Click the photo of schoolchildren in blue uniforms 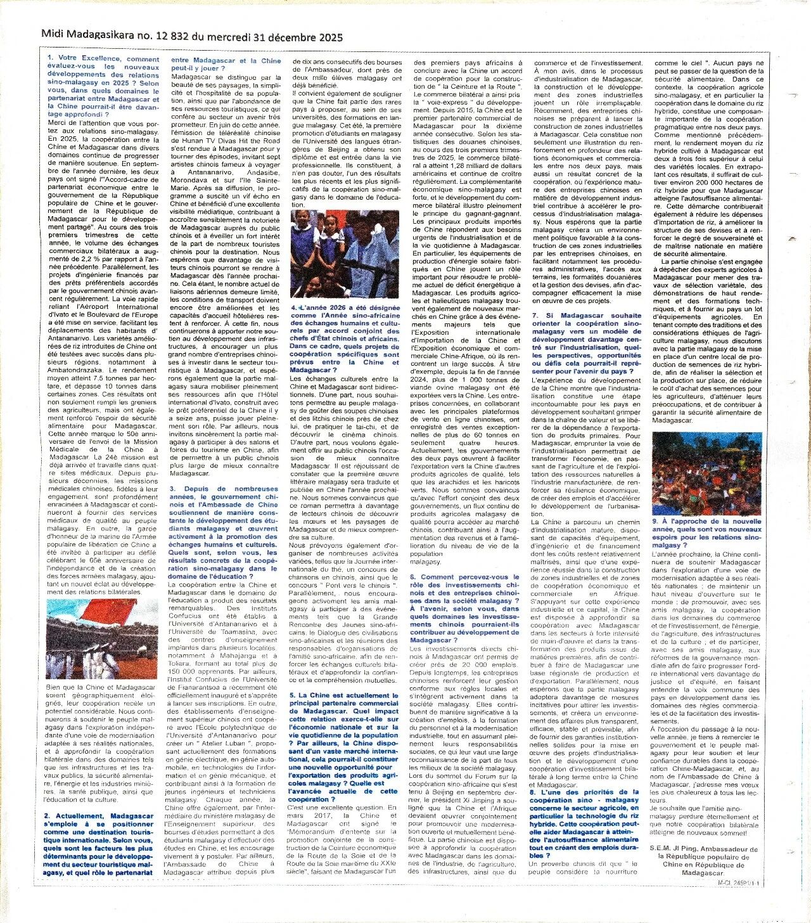click(x=345, y=254)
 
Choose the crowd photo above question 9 click(x=706, y=474)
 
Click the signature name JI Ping click(x=701, y=849)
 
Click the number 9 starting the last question click(x=654, y=521)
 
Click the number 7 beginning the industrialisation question click(x=534, y=315)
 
